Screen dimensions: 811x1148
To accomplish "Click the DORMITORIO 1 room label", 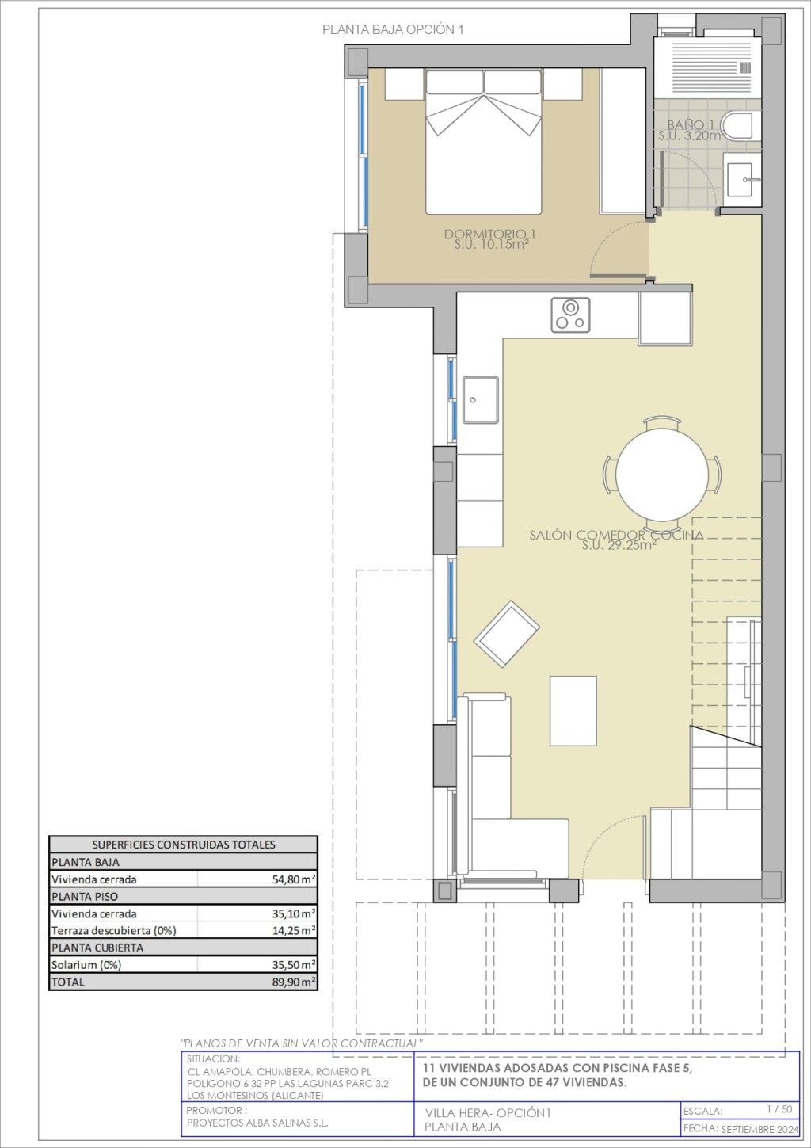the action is coord(489,235).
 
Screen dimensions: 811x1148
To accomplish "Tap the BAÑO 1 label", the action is coord(690,124).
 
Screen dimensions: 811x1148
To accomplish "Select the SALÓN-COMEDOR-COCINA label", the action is coord(616,535).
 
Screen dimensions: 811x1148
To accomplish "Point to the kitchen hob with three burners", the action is coord(570,315).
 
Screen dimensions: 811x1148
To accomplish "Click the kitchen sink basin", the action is coord(481,400).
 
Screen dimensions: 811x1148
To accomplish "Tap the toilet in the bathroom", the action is coord(740,124).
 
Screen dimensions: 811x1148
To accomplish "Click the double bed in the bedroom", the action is coord(484,142).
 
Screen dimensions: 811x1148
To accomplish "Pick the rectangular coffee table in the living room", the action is coord(573,711).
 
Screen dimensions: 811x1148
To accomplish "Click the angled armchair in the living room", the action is coord(507,634).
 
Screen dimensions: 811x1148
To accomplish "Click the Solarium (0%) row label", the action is coord(86,965).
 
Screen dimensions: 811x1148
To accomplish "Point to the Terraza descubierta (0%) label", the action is coord(114,931).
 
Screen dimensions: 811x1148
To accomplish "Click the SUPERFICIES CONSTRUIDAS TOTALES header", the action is coord(184,845).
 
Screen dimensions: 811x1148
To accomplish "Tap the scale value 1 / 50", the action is coord(779,1109).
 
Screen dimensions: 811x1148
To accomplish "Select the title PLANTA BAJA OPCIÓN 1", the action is coord(393,30).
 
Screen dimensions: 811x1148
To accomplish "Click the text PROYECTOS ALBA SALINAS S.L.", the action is coord(257,1123).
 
